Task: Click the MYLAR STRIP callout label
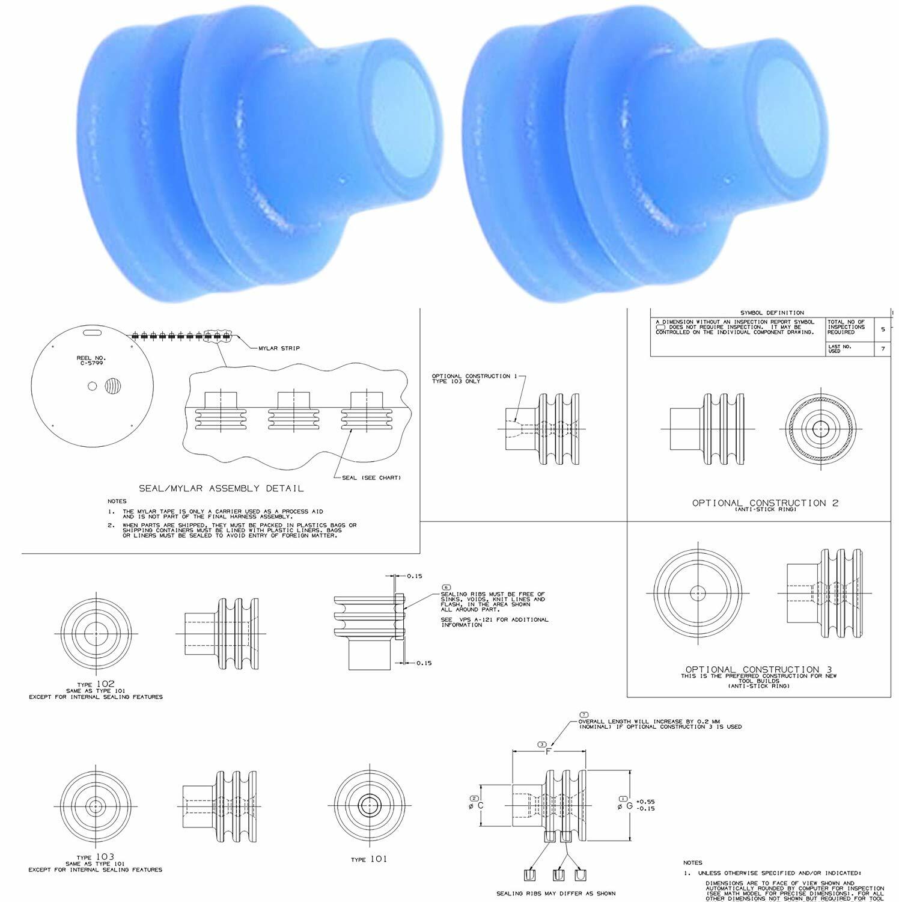click(x=279, y=348)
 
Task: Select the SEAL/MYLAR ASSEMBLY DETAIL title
click(x=221, y=488)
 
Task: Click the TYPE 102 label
click(x=96, y=683)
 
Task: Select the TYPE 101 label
click(x=369, y=859)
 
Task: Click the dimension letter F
click(x=547, y=751)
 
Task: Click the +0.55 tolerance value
click(x=645, y=801)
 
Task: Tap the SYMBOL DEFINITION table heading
click(x=772, y=312)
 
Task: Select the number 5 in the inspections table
click(x=882, y=330)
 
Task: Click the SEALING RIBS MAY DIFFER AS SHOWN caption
click(x=555, y=893)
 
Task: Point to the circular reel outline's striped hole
click(x=112, y=386)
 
